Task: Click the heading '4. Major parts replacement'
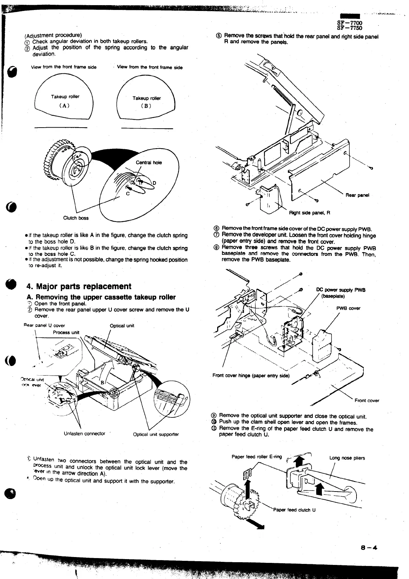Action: click(79, 286)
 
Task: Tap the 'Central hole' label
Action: click(149, 163)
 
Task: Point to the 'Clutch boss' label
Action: click(76, 218)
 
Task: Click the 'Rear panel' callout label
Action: click(357, 195)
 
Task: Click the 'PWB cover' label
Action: click(348, 308)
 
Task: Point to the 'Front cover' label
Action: click(367, 400)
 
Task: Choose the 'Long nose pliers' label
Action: click(347, 458)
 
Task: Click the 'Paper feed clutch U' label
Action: click(294, 510)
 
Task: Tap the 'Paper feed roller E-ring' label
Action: click(257, 457)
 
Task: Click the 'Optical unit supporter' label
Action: click(156, 434)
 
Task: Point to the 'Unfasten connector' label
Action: click(84, 434)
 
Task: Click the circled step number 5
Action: click(219, 36)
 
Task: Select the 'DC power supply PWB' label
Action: click(341, 290)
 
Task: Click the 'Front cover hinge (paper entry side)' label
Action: click(251, 375)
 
